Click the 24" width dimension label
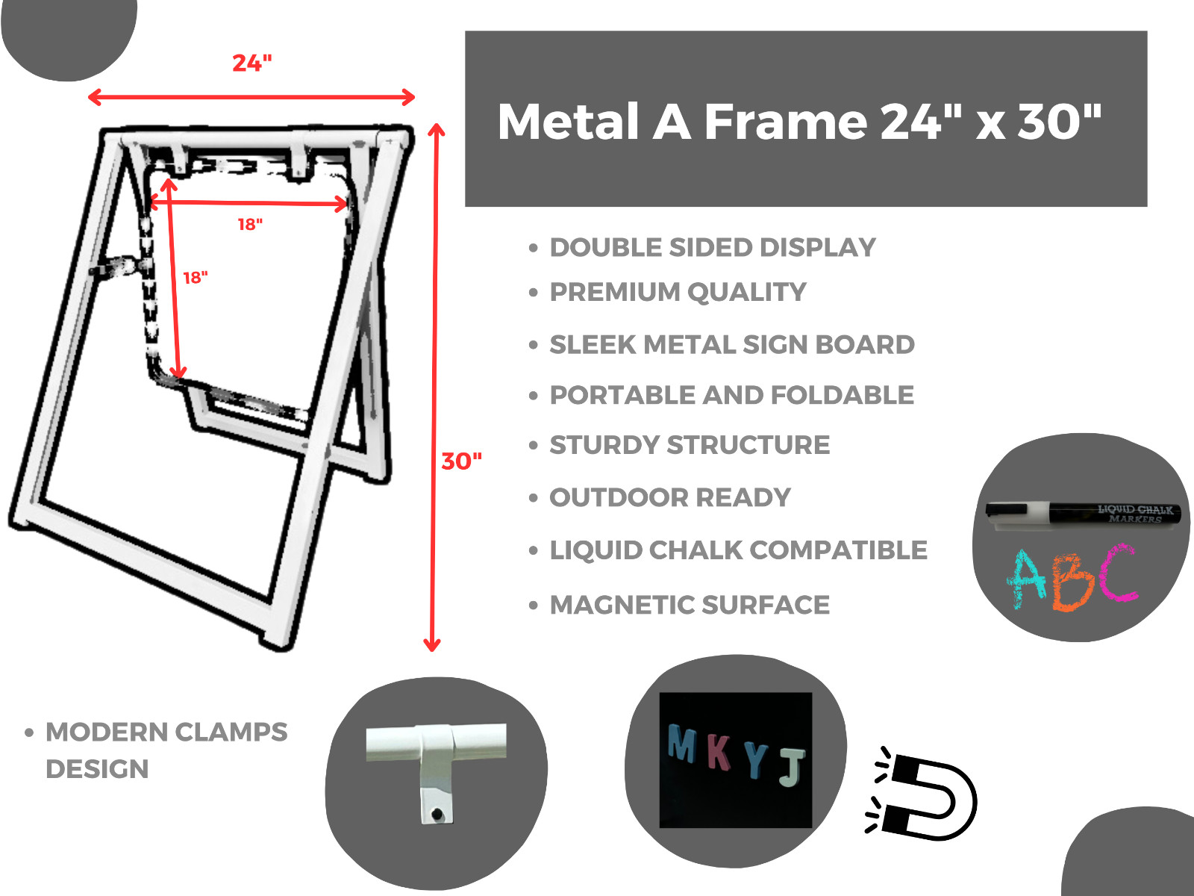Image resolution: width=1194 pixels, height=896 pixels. click(251, 63)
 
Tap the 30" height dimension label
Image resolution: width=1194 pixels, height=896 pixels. click(461, 461)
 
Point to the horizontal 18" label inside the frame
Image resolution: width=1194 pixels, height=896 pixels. click(250, 224)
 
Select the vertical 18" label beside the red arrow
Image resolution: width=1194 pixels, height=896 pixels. click(196, 278)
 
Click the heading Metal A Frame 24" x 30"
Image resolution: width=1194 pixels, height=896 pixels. click(800, 121)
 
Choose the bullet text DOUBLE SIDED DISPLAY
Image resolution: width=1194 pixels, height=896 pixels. click(713, 248)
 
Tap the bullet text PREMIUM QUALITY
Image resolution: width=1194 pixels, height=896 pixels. click(678, 292)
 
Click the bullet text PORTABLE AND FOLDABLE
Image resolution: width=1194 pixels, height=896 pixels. click(731, 395)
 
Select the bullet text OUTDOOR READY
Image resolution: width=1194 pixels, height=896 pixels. click(670, 497)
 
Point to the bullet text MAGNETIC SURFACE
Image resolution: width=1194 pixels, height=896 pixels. click(690, 605)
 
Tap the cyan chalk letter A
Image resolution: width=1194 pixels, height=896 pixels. click(1026, 578)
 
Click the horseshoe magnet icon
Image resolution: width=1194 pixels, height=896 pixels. click(922, 793)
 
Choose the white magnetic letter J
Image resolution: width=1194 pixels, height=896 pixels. click(792, 768)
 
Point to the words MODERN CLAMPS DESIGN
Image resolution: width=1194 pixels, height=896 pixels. click(166, 750)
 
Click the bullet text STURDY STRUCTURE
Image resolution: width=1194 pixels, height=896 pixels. click(690, 445)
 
